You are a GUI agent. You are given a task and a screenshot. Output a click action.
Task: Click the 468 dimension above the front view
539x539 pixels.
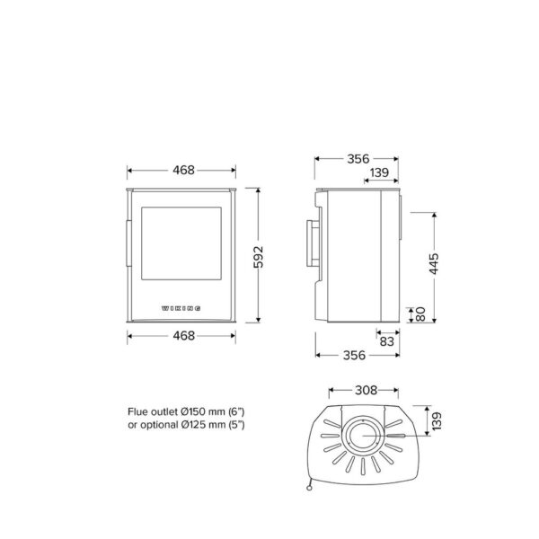coord(183,170)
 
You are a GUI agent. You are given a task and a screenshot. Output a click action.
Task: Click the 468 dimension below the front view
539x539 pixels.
coord(183,335)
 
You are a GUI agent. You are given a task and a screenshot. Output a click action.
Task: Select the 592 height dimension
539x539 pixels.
coord(258,257)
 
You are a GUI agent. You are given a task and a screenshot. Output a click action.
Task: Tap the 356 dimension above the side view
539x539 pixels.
coord(358,159)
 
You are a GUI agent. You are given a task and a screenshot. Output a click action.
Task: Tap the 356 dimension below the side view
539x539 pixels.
coord(354,355)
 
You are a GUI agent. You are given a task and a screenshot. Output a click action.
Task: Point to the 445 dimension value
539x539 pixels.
coord(434,263)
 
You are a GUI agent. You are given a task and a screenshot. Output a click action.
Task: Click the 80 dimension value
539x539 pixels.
coord(420,314)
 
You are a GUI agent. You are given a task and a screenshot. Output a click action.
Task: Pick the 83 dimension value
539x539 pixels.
coord(386,341)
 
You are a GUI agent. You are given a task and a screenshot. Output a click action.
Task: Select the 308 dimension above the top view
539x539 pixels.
coord(367,390)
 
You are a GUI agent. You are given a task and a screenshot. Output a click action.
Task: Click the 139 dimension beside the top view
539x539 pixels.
coord(437,421)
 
